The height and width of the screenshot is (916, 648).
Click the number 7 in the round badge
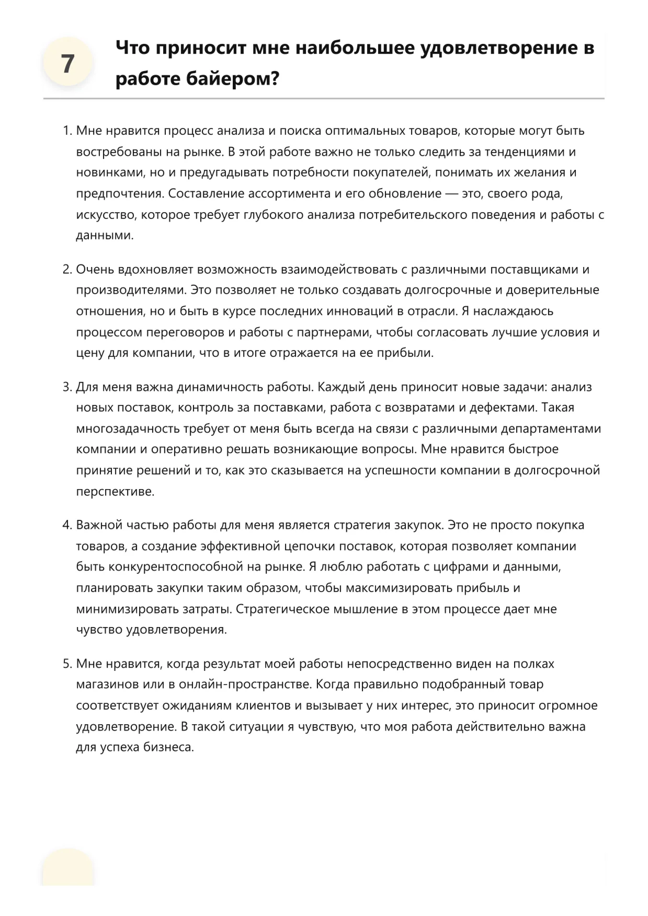click(68, 64)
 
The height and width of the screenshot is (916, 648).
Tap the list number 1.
click(66, 131)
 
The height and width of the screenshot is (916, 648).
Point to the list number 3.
click(66, 387)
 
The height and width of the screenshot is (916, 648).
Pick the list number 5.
click(66, 664)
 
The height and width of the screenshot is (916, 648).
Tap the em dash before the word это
click(451, 194)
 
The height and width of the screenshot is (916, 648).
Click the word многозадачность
click(128, 429)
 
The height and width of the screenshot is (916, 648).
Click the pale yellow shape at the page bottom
click(68, 867)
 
